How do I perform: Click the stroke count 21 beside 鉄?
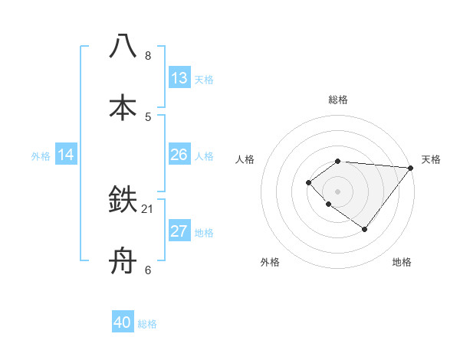148,208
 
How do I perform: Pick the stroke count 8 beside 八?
148,55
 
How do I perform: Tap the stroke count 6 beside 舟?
148,270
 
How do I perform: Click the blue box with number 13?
179,78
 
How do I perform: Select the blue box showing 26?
179,155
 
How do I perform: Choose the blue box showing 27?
179,231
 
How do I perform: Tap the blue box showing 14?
66,155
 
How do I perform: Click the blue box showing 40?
123,322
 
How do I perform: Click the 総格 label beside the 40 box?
147,324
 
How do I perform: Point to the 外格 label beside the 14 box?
41,156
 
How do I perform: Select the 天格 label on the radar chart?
431,159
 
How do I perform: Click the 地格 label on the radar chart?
402,262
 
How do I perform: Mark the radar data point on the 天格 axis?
411,168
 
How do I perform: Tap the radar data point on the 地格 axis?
365,229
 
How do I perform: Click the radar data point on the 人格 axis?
308,182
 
